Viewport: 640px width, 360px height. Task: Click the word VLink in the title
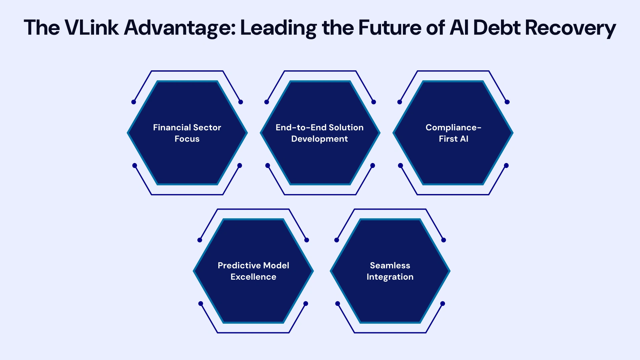pos(91,27)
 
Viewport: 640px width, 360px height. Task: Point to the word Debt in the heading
pos(496,27)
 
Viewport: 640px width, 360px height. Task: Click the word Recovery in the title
pos(570,28)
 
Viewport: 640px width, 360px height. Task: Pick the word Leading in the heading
pos(278,28)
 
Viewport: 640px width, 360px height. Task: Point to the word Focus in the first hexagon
pos(187,139)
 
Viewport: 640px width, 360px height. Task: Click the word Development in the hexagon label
pos(320,139)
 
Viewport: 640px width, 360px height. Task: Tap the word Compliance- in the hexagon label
pos(453,128)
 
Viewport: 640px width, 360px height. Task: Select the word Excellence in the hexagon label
pos(253,277)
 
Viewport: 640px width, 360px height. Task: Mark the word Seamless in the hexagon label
pos(390,266)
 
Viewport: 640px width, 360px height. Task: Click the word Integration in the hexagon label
pos(390,277)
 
